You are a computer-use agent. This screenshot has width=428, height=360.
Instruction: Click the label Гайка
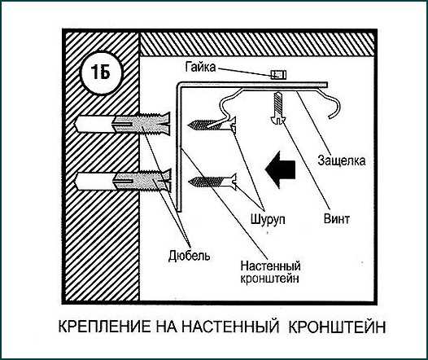point(201,67)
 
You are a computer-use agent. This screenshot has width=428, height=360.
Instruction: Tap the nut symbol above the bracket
point(278,75)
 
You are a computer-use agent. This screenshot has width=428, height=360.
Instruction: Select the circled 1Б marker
point(101,72)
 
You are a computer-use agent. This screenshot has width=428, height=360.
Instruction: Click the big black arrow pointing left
point(280,169)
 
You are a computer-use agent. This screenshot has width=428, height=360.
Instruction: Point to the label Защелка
point(342,160)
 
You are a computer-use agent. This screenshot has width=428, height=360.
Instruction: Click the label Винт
point(337,219)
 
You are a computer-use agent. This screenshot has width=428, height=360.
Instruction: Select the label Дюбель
point(189,256)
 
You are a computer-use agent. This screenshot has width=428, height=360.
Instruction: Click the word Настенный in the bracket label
point(270,266)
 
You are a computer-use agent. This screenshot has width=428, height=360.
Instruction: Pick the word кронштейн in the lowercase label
point(269,279)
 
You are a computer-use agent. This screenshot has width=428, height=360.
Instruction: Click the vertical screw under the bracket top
point(278,108)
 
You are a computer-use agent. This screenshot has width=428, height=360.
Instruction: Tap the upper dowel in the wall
point(124,125)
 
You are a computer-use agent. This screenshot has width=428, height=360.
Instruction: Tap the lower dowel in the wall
point(124,181)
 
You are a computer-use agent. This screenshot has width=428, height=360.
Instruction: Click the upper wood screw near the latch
point(212,125)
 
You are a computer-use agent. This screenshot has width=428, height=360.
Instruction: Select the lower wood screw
point(212,181)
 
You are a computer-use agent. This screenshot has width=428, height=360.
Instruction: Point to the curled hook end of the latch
point(335,109)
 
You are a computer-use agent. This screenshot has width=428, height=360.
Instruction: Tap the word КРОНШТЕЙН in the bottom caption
point(337,327)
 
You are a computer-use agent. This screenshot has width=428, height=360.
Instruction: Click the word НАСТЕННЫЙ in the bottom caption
point(230,327)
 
